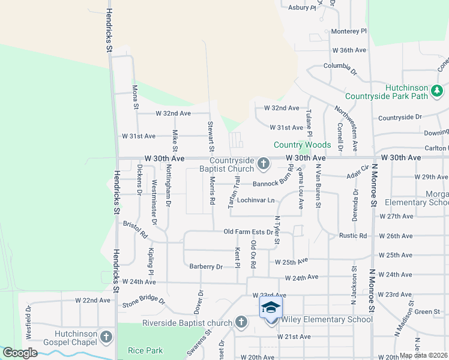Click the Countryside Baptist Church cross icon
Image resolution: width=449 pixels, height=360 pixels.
[263, 163]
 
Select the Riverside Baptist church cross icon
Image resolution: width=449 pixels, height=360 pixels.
[241, 323]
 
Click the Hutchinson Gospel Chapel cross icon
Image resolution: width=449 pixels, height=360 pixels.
[107, 337]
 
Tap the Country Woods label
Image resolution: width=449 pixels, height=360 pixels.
[302, 145]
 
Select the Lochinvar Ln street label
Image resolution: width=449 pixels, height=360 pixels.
[255, 200]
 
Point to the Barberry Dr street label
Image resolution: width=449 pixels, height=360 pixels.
[206, 266]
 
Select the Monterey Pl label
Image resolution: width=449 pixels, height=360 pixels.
[348, 31]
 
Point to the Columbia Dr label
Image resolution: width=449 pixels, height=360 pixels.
[340, 67]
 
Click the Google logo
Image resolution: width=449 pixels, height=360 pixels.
[20, 353]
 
